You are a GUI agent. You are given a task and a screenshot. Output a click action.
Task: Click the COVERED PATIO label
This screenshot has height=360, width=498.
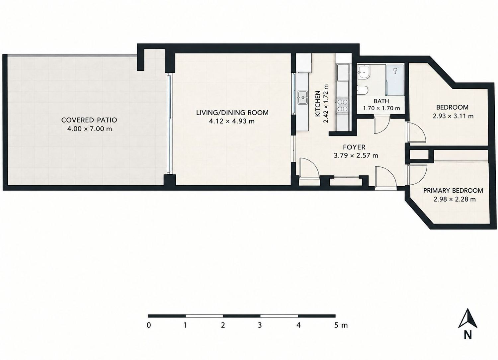[x=89, y=120]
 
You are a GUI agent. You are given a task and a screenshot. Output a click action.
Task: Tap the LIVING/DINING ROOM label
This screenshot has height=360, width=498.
[x=232, y=113]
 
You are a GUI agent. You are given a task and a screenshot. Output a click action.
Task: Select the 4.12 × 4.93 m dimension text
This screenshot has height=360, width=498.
[x=232, y=121]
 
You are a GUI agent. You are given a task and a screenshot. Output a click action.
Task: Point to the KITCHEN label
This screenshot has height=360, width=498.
[x=318, y=104]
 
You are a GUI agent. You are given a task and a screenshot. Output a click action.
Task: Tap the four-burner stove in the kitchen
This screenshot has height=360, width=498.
[x=342, y=105]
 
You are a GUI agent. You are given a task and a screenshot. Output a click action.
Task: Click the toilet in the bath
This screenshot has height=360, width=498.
[x=362, y=90]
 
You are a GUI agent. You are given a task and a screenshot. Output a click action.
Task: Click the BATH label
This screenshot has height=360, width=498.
[x=381, y=101]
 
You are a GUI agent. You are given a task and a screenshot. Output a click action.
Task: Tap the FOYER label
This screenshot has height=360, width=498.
[x=354, y=147]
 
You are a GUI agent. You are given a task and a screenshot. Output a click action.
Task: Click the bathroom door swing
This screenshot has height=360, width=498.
[x=381, y=125]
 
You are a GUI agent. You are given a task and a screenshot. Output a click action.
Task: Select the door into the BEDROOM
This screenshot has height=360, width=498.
[x=415, y=132]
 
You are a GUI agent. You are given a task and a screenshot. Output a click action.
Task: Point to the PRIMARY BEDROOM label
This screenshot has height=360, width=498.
[x=453, y=191]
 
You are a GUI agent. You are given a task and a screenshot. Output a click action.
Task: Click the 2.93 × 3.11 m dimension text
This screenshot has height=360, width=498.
[x=453, y=116]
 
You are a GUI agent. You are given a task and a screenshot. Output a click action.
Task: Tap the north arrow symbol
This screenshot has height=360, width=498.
[x=467, y=318]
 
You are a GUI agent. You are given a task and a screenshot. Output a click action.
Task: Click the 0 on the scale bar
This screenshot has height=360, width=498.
[x=149, y=325]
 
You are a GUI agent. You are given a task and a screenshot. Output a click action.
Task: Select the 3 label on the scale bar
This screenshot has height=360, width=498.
[x=260, y=325]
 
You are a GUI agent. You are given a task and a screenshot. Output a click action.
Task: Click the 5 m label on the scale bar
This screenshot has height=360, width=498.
[x=341, y=325]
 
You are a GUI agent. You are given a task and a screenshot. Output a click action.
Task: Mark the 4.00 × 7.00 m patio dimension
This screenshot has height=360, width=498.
[x=89, y=129]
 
